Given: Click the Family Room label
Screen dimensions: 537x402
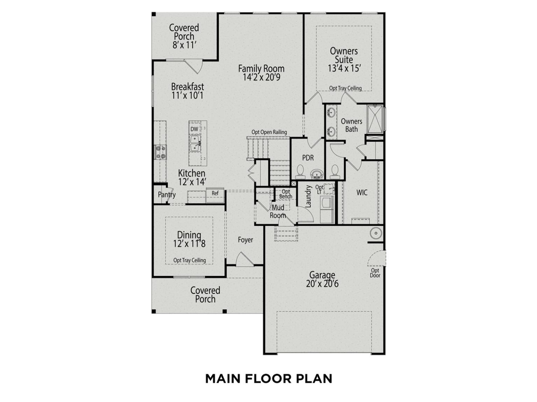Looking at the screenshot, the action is pos(261,69).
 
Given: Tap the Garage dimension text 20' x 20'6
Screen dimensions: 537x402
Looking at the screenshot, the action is pos(322,284).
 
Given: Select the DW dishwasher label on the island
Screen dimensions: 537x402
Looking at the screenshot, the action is pos(194,129).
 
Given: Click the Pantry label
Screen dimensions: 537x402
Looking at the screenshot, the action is pos(167,194).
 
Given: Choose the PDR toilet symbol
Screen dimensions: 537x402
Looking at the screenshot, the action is pos(300,172).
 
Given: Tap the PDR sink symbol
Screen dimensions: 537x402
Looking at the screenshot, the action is pos(317,174).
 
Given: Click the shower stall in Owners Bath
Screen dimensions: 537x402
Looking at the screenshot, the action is pos(375,119).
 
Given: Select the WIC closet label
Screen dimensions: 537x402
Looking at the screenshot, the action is pos(361,193).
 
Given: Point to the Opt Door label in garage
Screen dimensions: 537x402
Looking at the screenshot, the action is pos(375,273).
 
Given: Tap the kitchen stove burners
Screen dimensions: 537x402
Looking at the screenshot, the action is pos(160,152).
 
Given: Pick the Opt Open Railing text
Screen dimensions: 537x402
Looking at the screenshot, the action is pos(269,132).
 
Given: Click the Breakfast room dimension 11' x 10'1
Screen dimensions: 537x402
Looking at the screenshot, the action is pos(187,95).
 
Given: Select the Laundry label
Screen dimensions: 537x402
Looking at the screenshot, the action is pos(308,196).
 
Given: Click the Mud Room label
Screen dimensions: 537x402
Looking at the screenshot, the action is pos(278,211).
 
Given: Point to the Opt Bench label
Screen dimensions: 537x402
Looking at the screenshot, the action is pos(286,194).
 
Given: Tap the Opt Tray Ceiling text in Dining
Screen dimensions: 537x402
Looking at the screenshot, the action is pos(189,260).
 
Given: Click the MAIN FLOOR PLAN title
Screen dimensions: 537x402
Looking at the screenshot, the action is pos(268,379).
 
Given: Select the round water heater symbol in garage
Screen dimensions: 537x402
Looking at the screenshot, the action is pos(376,233).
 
